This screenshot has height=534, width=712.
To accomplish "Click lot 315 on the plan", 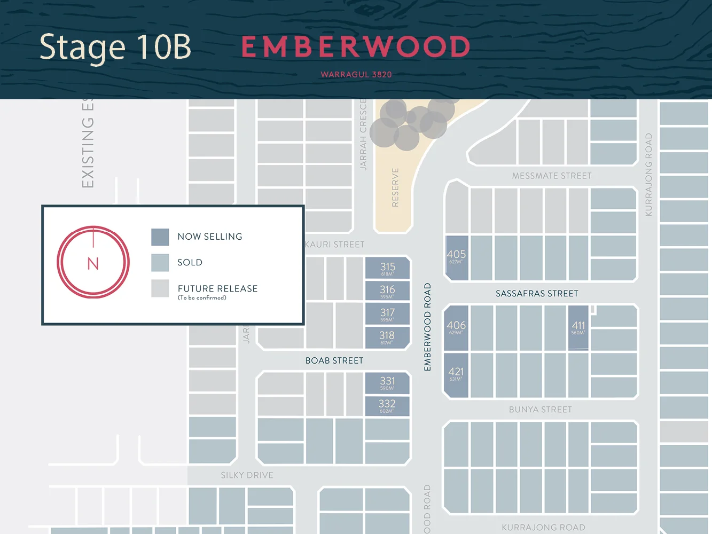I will [x=388, y=268].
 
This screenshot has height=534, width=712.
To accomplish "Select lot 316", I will [x=388, y=291].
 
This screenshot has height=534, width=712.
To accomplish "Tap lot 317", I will [x=388, y=314].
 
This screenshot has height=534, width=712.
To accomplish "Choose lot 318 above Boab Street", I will [x=387, y=337].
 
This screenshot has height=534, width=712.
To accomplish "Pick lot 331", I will [x=387, y=382].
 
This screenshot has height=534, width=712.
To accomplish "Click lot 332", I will [x=387, y=405].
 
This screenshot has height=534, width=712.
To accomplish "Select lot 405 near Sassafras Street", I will [x=457, y=257].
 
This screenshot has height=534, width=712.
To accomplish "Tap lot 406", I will [x=456, y=327].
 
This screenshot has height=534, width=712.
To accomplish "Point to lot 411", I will [x=578, y=327].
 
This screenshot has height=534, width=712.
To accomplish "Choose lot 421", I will [x=456, y=374].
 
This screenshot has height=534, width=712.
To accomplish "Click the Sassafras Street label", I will [x=537, y=294].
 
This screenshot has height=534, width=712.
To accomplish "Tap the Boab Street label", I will [x=334, y=361].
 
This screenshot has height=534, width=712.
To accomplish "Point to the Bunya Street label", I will [x=541, y=410].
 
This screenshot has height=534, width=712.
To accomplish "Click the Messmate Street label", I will [x=552, y=176].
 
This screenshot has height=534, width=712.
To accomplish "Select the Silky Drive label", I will [x=247, y=475].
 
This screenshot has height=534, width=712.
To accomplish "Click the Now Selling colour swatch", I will [x=160, y=237].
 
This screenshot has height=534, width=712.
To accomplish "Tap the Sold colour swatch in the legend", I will [x=160, y=262].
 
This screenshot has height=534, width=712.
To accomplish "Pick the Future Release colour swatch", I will [x=160, y=288].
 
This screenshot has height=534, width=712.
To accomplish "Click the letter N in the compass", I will [x=93, y=264].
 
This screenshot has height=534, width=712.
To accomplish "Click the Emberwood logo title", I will [x=356, y=47].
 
